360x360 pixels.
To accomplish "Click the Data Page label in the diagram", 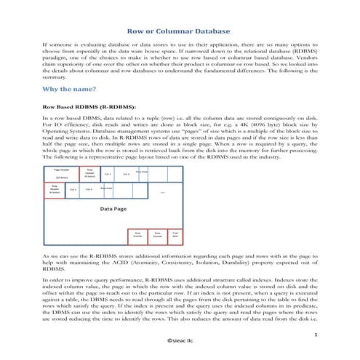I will pos(113,208).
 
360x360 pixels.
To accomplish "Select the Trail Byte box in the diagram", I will pos(175,235).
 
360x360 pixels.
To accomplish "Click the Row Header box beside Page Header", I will pos(90,174).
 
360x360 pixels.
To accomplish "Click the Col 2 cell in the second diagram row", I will pos(89,189).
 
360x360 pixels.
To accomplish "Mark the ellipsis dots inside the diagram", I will pos(163,192).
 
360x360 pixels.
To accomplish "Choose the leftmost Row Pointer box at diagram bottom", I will pos(137,235).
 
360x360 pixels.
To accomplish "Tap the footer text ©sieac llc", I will pos(180,340).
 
